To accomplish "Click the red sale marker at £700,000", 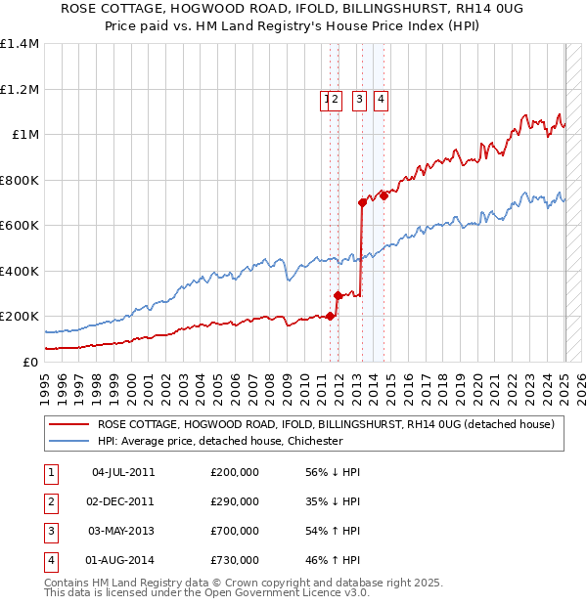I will [362, 202].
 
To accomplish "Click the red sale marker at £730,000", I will [384, 195].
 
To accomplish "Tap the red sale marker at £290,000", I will [338, 295].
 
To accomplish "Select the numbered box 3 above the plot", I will [359, 98].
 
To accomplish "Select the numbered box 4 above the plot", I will [381, 98].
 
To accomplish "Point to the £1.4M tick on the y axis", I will [21, 44].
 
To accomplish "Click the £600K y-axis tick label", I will [21, 226].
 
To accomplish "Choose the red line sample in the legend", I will [68, 424].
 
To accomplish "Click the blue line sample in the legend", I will [68, 441].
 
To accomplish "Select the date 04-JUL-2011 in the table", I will [123, 471].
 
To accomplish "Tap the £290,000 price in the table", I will [235, 500].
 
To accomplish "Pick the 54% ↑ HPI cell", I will [334, 531].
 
